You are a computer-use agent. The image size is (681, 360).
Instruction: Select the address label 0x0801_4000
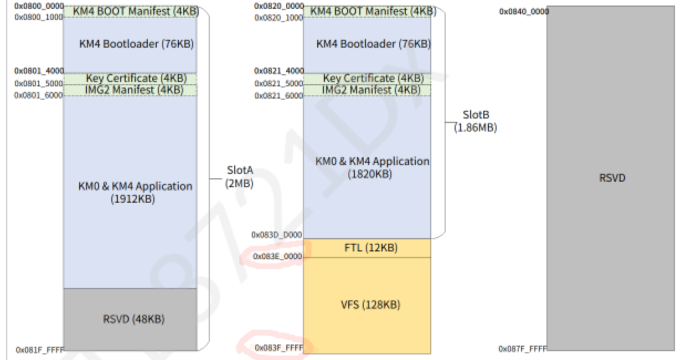39,71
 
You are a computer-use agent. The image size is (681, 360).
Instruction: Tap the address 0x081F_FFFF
40,350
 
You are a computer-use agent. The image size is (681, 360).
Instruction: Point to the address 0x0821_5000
279,84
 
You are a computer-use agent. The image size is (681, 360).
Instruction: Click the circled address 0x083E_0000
278,256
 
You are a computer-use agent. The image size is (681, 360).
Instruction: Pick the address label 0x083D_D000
277,235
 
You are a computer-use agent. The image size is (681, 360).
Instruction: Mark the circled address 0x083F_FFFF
279,348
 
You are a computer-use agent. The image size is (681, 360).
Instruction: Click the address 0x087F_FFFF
523,348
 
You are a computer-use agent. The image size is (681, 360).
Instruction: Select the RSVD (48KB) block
130,320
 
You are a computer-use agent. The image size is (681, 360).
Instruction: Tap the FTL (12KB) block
367,248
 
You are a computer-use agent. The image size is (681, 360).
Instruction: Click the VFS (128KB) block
367,305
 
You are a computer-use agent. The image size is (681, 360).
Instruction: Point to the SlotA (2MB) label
239,177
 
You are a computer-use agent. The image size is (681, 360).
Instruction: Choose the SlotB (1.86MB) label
476,121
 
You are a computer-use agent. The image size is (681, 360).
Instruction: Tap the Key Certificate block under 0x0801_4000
130,79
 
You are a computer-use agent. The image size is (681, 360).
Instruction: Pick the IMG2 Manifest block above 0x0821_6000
367,90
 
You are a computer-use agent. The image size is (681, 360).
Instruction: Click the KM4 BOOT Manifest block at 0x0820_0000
367,11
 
